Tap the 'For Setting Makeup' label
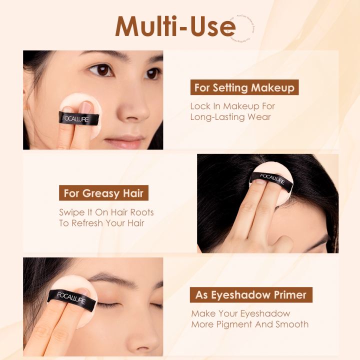(244, 87)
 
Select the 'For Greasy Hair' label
(103, 193)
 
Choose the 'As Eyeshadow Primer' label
(250, 295)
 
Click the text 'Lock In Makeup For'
(232, 106)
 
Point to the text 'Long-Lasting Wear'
(230, 117)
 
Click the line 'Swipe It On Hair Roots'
(106, 212)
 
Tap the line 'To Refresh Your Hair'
(101, 223)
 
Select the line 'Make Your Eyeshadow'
(240, 313)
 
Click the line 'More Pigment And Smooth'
(249, 324)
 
